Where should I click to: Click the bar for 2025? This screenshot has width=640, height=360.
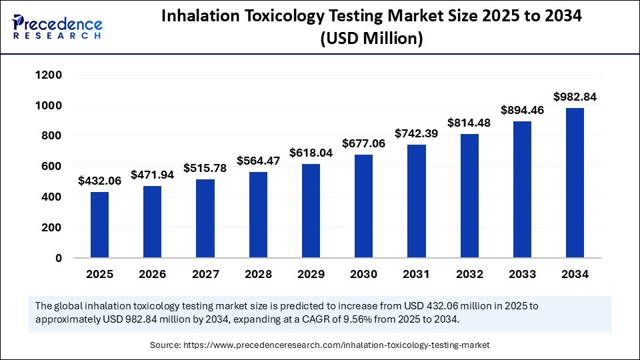[99, 225]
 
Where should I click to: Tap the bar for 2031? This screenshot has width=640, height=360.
[417, 201]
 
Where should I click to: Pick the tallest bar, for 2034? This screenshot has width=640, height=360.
[575, 183]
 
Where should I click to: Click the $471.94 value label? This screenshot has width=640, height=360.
[152, 175]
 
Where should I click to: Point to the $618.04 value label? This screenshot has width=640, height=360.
[311, 153]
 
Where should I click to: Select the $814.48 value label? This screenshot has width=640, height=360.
[469, 123]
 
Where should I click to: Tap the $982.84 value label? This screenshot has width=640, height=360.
[575, 97]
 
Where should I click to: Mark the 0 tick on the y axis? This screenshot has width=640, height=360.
[59, 258]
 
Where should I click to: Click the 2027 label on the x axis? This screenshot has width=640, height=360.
[205, 274]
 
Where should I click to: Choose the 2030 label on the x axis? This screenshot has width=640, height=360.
[363, 274]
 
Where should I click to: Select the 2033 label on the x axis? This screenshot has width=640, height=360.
[522, 274]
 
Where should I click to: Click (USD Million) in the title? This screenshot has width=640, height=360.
[371, 39]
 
